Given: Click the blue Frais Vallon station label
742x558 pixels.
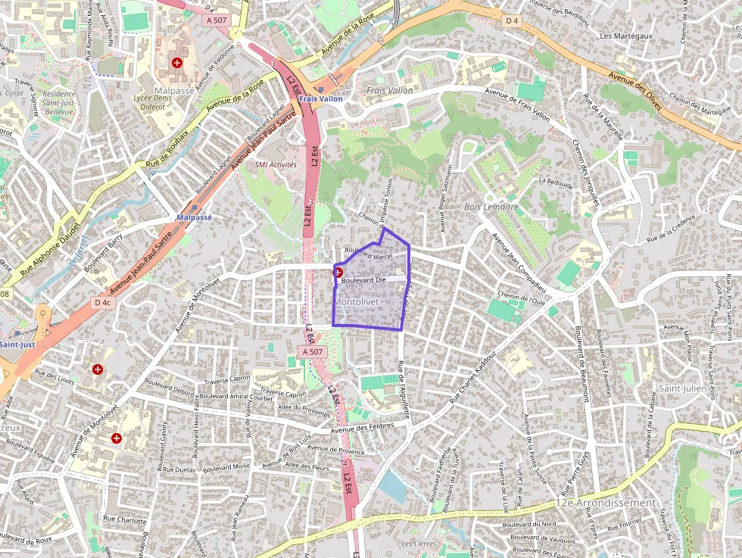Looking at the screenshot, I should (x=320, y=98).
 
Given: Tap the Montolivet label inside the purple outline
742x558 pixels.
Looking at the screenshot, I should (x=357, y=301).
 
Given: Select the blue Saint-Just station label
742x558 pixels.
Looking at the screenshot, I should (x=17, y=344).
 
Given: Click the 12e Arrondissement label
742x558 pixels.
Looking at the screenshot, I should (x=606, y=503).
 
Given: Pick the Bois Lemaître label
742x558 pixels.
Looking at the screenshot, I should (x=491, y=206).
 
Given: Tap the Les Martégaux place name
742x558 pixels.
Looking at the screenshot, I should (x=627, y=36).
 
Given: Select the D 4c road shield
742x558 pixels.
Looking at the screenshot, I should (x=103, y=303).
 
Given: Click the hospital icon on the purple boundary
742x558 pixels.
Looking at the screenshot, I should (x=338, y=272).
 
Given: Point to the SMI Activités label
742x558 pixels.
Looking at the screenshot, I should (x=276, y=164).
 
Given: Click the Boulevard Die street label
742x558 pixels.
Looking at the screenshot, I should (x=364, y=281).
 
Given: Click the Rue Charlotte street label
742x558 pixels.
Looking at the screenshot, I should (x=125, y=520).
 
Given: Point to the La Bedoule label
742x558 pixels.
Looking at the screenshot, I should (x=554, y=182).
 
